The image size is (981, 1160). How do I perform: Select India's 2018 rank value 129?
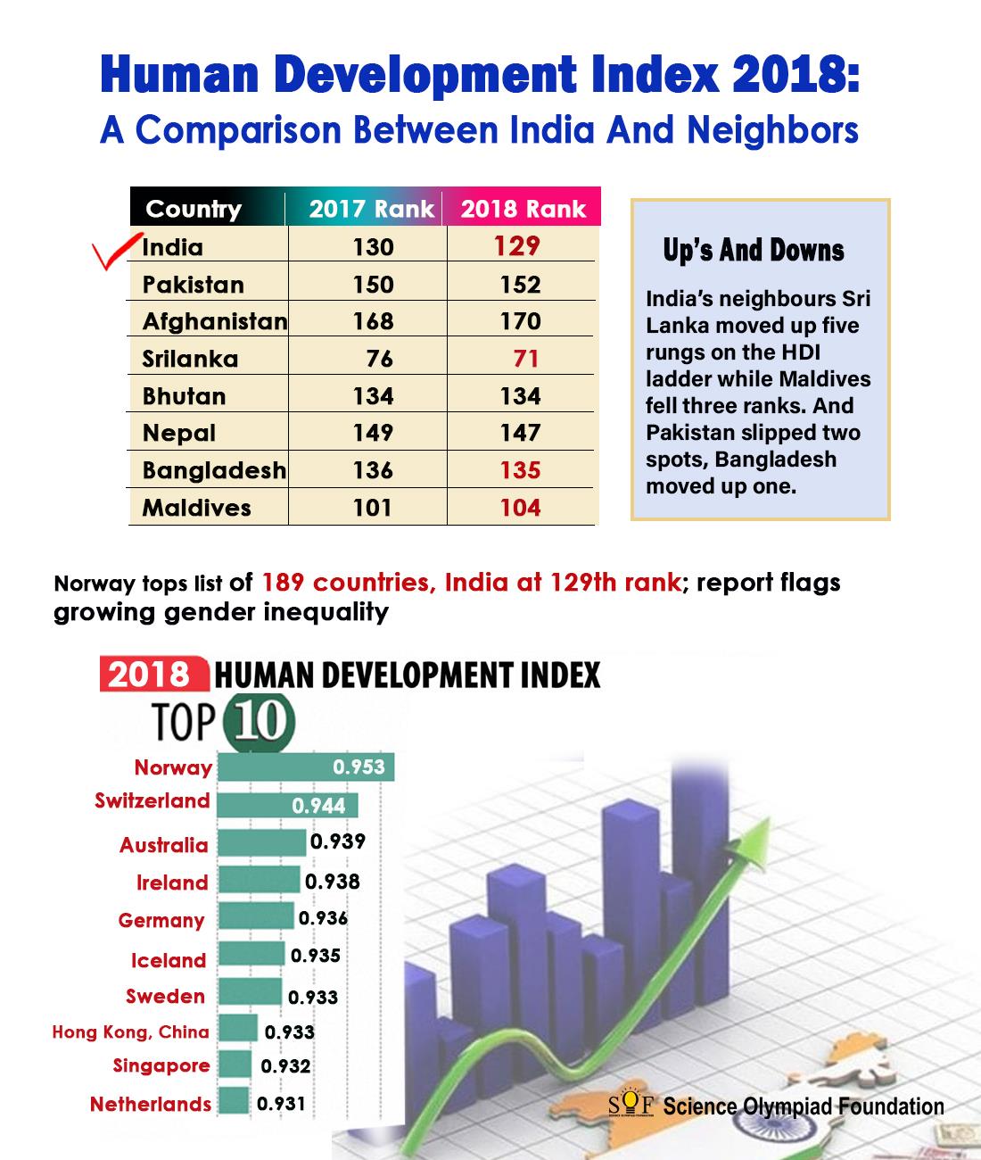tap(516, 246)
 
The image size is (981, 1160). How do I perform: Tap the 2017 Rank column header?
tap(371, 209)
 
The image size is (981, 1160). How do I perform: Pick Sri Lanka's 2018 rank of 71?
tap(525, 359)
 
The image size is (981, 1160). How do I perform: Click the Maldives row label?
tap(196, 508)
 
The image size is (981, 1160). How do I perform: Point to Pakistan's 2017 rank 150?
tap(373, 285)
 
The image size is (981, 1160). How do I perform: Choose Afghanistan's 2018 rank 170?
tap(520, 321)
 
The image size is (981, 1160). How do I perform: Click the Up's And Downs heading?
tap(754, 251)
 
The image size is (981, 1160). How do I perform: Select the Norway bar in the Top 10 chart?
tap(306, 766)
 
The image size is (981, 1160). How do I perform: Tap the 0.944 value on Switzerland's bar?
tap(318, 806)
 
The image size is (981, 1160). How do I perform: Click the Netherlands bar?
tap(234, 1099)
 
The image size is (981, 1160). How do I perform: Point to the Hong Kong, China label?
tap(131, 1032)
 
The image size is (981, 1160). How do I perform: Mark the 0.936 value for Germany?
tap(323, 918)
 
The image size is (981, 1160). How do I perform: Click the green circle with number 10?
tap(260, 722)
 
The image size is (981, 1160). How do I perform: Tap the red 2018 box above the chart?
tap(153, 674)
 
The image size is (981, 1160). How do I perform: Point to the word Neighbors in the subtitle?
tap(772, 130)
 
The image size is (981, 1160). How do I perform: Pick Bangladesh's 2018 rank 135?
tap(520, 470)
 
